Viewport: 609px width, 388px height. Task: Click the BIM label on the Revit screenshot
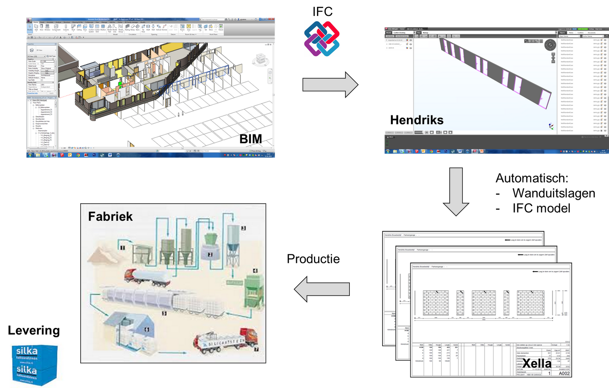click(250, 139)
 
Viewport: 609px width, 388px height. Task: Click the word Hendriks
click(417, 120)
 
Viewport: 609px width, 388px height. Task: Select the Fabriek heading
click(110, 217)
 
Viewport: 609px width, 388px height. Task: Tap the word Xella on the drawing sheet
click(537, 363)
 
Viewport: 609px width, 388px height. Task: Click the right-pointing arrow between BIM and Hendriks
click(330, 85)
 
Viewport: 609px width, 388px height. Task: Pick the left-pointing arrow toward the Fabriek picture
click(322, 289)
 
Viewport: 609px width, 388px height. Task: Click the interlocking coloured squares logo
click(322, 38)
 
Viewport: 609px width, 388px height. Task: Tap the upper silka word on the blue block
click(27, 351)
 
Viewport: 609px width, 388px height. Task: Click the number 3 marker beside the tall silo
click(243, 228)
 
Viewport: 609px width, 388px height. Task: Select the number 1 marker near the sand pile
click(122, 247)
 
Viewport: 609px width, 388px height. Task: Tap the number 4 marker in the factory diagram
click(255, 271)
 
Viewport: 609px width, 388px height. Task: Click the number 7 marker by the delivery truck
click(256, 349)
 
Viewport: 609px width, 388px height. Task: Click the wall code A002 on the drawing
click(564, 373)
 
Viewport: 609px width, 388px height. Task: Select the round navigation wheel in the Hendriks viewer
click(550, 45)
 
